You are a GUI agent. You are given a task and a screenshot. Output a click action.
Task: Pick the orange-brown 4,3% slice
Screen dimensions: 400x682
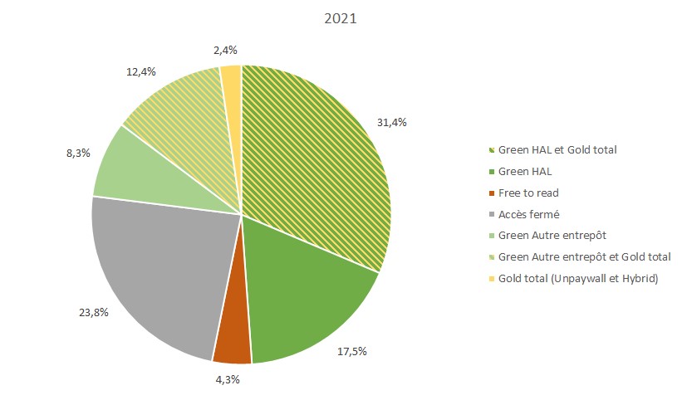[232, 340]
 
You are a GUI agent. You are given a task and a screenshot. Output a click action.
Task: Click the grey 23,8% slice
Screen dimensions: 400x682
[158, 266]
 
